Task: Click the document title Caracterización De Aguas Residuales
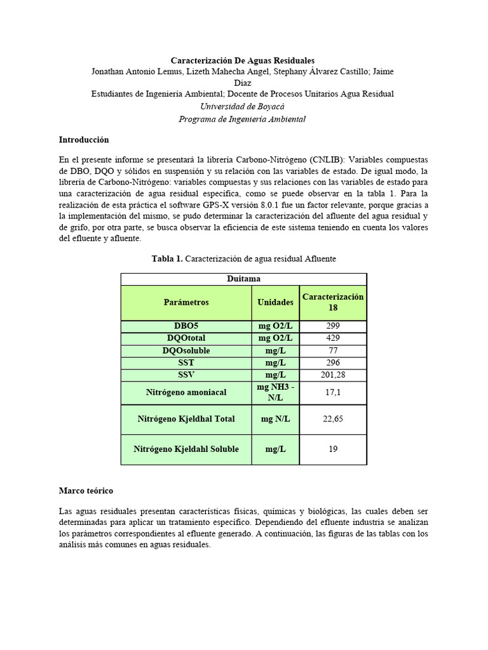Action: click(x=243, y=60)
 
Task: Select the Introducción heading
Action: click(x=84, y=140)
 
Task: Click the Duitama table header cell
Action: click(x=243, y=279)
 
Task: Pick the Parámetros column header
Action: click(x=186, y=303)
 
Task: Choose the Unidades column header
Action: click(x=275, y=303)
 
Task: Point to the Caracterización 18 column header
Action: click(x=333, y=302)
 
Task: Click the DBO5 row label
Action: click(x=186, y=326)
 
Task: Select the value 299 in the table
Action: click(x=333, y=326)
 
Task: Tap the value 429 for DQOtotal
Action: click(x=333, y=338)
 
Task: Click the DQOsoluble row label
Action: click(x=186, y=350)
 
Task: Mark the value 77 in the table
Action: click(x=333, y=350)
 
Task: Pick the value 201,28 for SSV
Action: click(x=333, y=375)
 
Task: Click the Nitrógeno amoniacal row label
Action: click(x=186, y=393)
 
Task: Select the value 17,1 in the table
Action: click(x=333, y=393)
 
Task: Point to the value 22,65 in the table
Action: click(x=333, y=419)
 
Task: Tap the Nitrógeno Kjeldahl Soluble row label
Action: click(x=186, y=449)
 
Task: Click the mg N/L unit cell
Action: click(x=275, y=419)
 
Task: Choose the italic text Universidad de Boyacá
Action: click(x=242, y=107)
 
